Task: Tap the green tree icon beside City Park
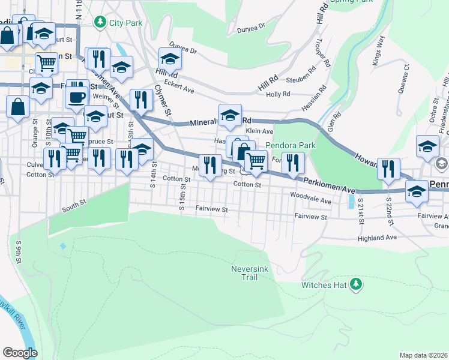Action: click(100, 22)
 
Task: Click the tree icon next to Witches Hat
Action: click(357, 284)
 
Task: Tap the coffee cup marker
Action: click(77, 96)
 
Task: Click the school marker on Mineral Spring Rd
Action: click(230, 116)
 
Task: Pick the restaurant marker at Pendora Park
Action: click(293, 162)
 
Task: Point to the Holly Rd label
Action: click(278, 94)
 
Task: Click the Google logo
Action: click(20, 352)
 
